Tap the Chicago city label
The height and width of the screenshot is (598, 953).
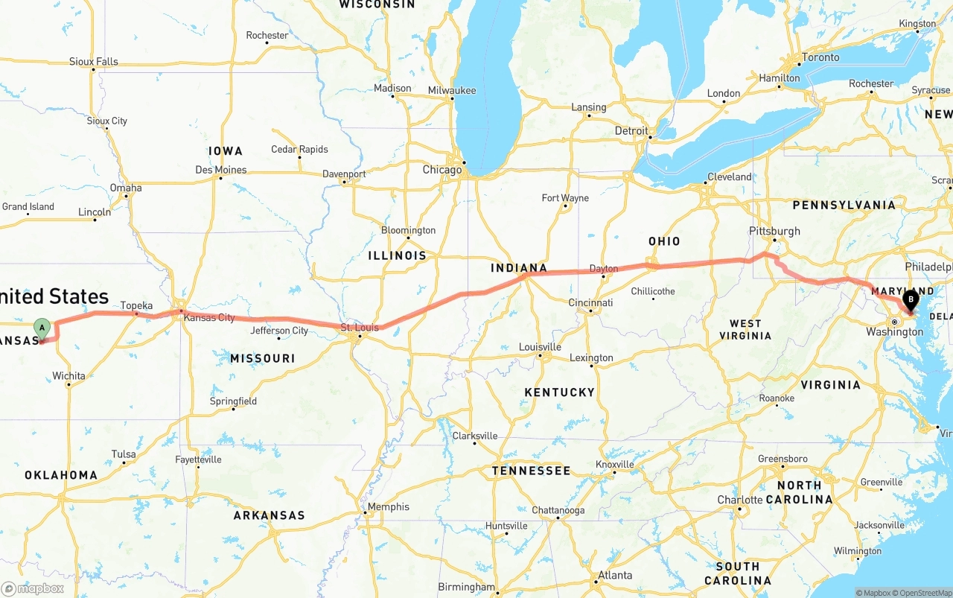[442, 170]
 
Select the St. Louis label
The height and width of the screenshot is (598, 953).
[360, 328]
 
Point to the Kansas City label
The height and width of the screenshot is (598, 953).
[209, 318]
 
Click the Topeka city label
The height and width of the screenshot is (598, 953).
[136, 305]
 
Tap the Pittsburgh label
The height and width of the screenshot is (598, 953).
[775, 231]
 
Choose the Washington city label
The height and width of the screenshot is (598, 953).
[894, 332]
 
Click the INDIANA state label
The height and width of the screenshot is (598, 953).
[519, 268]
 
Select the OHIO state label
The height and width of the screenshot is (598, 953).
[664, 241]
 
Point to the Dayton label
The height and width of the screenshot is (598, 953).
[603, 269]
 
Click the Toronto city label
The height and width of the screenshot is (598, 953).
[820, 57]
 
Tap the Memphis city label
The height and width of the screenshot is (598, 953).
[388, 507]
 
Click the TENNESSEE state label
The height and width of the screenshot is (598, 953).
[531, 471]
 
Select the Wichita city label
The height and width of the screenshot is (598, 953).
[68, 376]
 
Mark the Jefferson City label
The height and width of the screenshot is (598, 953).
[279, 331]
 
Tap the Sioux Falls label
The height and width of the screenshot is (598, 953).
[93, 61]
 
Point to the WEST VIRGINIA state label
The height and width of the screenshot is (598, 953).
[745, 329]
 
